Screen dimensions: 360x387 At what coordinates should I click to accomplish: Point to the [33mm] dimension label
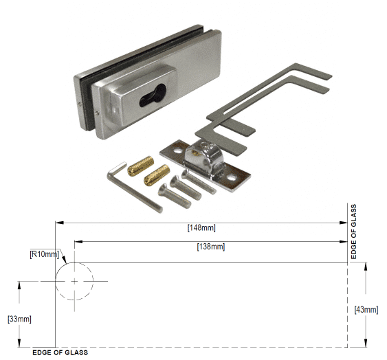point(18,319)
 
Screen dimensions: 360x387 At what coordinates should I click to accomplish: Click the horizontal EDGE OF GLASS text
point(60,352)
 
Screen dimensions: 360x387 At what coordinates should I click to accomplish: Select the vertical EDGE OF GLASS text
point(353,232)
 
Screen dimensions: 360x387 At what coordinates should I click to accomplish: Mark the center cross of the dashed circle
point(74,282)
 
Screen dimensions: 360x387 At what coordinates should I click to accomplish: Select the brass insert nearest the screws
point(159,175)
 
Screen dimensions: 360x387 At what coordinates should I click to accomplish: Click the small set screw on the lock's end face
point(80,104)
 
